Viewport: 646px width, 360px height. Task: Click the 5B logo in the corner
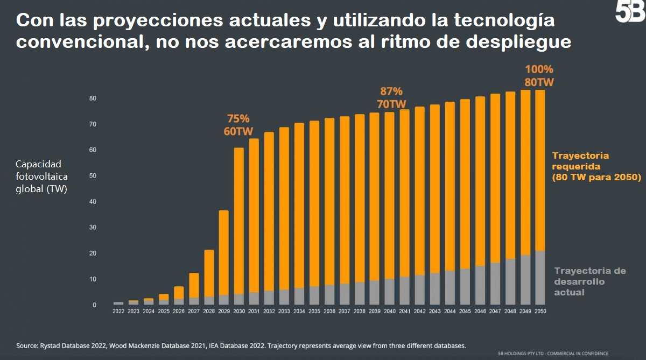pos(630,12)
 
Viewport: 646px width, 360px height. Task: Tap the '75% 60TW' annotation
pos(238,124)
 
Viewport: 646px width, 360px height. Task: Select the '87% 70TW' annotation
pos(391,97)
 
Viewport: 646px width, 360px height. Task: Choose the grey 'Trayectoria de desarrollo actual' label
pos(589,281)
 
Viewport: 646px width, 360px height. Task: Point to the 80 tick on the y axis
pos(93,98)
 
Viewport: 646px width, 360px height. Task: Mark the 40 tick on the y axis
pos(93,202)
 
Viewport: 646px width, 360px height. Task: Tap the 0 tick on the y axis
pos(94,305)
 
